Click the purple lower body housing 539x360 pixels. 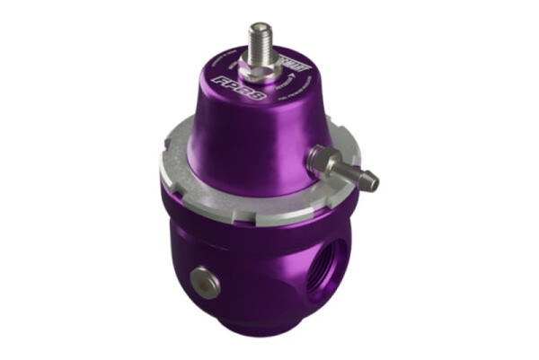(x=252, y=269)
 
